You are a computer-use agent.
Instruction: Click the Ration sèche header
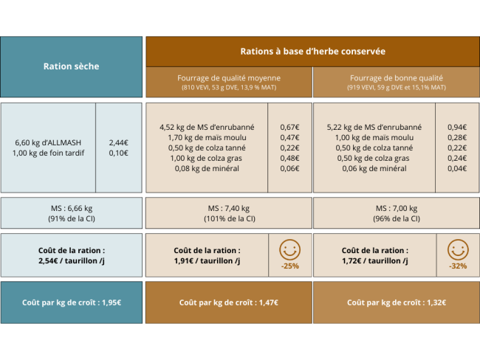click(x=71, y=66)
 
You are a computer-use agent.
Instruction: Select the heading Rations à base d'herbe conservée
click(x=312, y=52)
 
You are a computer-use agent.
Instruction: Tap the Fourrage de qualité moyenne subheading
click(x=229, y=77)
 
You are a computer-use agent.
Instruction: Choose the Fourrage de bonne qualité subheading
click(x=397, y=77)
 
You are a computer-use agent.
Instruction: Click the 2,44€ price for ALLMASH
click(x=118, y=142)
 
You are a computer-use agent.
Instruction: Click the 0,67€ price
click(x=289, y=127)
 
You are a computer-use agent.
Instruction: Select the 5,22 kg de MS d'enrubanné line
click(x=374, y=127)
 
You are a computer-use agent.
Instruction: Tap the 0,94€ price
click(x=457, y=127)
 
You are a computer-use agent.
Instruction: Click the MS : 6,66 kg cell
click(x=71, y=208)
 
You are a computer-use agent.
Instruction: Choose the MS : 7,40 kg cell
click(x=229, y=208)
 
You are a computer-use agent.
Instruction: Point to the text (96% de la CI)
click(x=397, y=218)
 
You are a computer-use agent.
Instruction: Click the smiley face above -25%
click(x=289, y=249)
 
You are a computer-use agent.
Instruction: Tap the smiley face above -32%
click(x=457, y=249)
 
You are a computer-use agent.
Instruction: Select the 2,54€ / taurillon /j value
click(x=71, y=260)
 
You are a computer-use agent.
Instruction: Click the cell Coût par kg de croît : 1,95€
click(x=71, y=302)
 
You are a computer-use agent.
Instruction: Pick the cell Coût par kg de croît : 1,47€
click(x=229, y=302)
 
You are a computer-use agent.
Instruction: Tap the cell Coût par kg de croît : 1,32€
click(x=397, y=302)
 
